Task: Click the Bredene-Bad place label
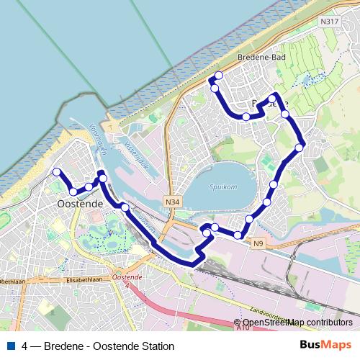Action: (x=257, y=55)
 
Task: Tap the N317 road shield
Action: (x=329, y=21)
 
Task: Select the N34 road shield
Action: (x=171, y=202)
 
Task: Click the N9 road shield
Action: (x=259, y=244)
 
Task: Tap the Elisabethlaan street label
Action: (x=86, y=277)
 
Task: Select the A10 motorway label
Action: (x=243, y=328)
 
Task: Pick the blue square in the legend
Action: (x=11, y=346)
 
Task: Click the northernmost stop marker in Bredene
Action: (x=218, y=76)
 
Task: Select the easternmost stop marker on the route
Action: (x=300, y=148)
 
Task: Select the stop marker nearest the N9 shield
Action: (x=238, y=235)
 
